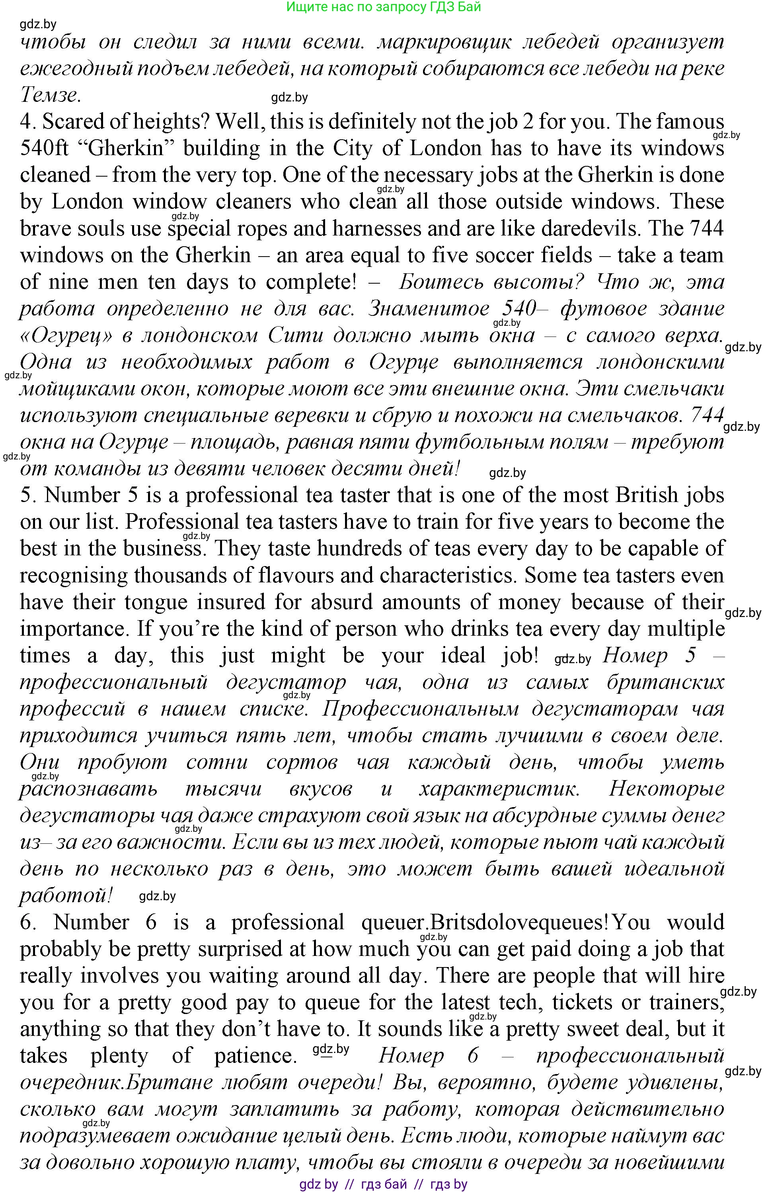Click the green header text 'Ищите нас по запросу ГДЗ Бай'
click(x=384, y=7)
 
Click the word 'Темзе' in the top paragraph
click(x=49, y=95)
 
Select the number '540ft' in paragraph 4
click(x=47, y=148)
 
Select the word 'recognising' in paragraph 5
click(x=73, y=575)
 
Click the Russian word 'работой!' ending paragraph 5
click(x=65, y=896)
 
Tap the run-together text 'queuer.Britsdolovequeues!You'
click(x=505, y=922)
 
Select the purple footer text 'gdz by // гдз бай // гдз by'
click(x=383, y=1184)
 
